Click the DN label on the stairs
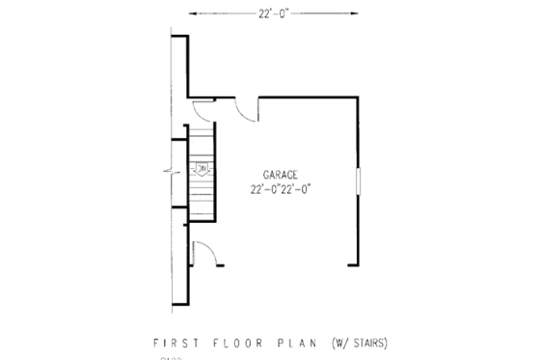202,169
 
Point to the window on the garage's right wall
359,180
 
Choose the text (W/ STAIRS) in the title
359,343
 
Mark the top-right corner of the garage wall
359,97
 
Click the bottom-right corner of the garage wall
359,263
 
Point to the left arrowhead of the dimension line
190,13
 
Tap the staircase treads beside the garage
202,193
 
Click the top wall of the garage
309,97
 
